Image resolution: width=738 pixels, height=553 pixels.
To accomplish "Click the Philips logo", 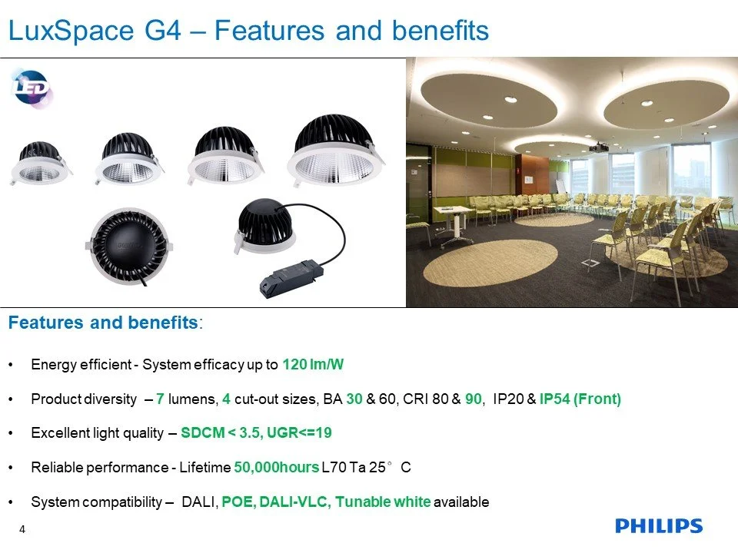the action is click(x=659, y=525).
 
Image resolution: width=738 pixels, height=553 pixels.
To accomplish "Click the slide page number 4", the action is click(x=22, y=529).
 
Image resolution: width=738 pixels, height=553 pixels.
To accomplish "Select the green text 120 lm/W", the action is click(x=313, y=364).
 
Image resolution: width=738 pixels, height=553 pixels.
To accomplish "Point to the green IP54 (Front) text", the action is click(x=580, y=399).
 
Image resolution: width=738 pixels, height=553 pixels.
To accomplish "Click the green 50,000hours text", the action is click(x=277, y=468).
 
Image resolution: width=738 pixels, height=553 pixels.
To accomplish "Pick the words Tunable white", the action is click(x=383, y=502).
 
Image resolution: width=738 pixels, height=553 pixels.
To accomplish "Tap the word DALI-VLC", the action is click(x=293, y=502).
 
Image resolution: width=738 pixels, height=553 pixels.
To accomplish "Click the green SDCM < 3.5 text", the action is click(x=221, y=432).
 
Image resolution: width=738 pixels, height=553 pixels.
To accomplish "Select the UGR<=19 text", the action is click(x=299, y=432).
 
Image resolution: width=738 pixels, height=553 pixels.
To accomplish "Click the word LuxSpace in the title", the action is click(x=71, y=31).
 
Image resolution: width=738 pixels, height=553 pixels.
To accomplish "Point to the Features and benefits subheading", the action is click(x=104, y=323).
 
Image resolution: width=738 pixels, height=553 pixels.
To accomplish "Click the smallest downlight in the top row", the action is click(x=41, y=163).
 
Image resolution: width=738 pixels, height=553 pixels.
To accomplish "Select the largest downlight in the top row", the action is click(x=336, y=151).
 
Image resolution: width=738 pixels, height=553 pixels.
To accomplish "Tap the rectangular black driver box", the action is click(x=292, y=279).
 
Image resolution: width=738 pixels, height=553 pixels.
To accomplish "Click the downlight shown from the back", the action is click(x=129, y=247).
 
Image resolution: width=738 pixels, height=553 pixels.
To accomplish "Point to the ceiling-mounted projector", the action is click(x=599, y=147).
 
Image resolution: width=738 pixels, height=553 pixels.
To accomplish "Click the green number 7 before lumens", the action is click(x=160, y=399).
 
